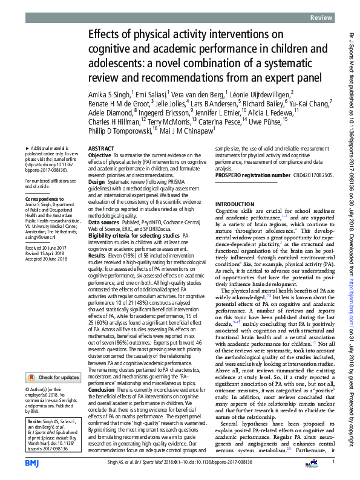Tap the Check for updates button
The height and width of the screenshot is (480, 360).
click(x=54, y=360)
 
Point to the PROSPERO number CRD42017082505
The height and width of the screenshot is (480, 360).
click(x=309, y=175)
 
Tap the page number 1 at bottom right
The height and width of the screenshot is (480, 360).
click(x=333, y=462)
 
